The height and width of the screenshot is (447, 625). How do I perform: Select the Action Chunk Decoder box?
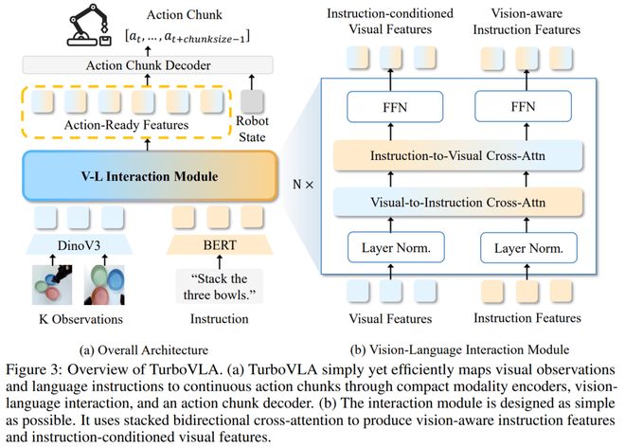click(x=148, y=65)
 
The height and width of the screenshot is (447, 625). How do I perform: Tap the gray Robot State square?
click(x=252, y=101)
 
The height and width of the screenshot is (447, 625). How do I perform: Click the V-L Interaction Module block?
click(x=150, y=176)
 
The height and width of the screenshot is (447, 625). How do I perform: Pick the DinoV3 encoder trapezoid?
click(x=79, y=244)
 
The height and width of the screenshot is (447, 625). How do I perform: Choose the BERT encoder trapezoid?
click(x=220, y=244)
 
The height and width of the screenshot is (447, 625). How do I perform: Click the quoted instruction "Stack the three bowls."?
click(x=220, y=286)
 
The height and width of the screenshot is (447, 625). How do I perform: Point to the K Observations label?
click(x=80, y=319)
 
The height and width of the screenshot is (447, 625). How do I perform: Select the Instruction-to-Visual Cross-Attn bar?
click(x=458, y=155)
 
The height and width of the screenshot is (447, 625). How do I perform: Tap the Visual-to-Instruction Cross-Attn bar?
click(x=458, y=202)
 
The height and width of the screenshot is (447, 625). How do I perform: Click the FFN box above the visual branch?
click(x=395, y=107)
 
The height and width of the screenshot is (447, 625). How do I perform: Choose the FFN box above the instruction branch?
click(x=523, y=106)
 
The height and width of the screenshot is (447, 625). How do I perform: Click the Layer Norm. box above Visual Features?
click(x=396, y=247)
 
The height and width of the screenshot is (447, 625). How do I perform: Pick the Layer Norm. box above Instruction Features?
click(x=528, y=247)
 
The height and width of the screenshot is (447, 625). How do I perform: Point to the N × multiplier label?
click(x=303, y=185)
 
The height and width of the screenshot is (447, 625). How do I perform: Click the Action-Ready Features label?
click(x=126, y=125)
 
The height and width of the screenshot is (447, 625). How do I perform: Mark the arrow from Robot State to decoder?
click(x=251, y=81)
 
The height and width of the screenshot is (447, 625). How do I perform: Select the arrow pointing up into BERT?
click(x=220, y=262)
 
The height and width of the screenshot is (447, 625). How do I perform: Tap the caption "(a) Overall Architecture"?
click(x=144, y=350)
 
